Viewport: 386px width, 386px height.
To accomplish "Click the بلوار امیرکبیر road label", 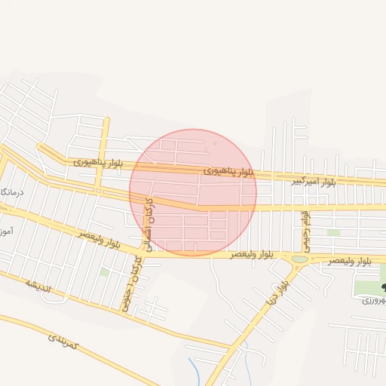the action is coord(315,182).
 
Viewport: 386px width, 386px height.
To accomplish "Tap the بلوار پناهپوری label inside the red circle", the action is coord(228,172).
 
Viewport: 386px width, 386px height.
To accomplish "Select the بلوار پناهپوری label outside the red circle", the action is coord(98,162).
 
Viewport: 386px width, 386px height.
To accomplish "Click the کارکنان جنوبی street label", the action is coord(131,283).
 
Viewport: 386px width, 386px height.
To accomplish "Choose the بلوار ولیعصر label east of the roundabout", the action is coord(349,260).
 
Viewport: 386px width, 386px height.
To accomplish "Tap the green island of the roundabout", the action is coord(300,259).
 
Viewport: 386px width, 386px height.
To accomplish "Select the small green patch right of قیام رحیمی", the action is coord(333,232).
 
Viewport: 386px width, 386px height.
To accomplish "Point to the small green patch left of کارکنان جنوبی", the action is coord(105,271).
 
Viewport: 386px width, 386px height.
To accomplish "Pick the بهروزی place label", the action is coord(374,300).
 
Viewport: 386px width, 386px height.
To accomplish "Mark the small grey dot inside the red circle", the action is coord(216,142).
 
